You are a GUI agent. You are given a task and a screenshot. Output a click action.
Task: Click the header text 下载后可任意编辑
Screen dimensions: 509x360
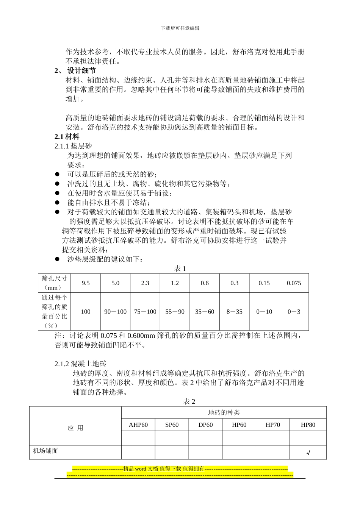[180, 28]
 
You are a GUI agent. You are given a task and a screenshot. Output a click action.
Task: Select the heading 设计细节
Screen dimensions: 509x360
[81, 71]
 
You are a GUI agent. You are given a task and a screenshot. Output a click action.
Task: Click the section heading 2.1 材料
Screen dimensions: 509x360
[67, 137]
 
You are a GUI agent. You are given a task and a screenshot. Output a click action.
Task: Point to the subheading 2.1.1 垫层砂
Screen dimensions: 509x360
[73, 146]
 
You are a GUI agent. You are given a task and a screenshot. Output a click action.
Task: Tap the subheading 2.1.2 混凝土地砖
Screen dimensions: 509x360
[81, 364]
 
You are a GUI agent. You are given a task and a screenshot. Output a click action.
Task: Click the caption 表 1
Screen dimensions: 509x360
[180, 269]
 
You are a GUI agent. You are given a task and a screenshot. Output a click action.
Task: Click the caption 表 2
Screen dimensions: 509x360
[189, 402]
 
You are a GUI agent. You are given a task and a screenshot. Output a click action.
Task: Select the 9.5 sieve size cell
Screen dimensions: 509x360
[86, 283]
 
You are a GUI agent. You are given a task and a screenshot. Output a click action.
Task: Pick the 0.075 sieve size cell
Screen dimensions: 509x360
[294, 283]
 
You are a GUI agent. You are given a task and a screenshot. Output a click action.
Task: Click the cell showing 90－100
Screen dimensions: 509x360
[115, 312]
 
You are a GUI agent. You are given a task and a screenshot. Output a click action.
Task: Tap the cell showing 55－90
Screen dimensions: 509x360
[175, 312]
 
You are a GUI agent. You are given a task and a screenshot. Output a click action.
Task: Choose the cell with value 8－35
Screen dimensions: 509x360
[234, 312]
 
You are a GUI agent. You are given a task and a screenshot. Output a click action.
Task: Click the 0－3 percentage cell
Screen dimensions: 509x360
[294, 312]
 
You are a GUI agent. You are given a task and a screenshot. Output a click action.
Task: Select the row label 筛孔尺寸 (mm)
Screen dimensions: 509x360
[54, 283]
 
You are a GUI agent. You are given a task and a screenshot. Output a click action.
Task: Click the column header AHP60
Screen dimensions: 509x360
[138, 425]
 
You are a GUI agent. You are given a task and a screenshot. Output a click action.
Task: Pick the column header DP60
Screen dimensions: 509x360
[205, 425]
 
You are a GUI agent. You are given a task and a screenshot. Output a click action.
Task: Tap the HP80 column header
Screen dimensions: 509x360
[308, 425]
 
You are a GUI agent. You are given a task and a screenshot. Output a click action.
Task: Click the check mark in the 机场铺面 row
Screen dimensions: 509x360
[308, 453]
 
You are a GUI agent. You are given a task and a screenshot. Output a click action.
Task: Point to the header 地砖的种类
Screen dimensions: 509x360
[224, 413]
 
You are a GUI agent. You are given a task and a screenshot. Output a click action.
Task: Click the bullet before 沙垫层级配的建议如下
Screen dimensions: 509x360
[57, 259]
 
